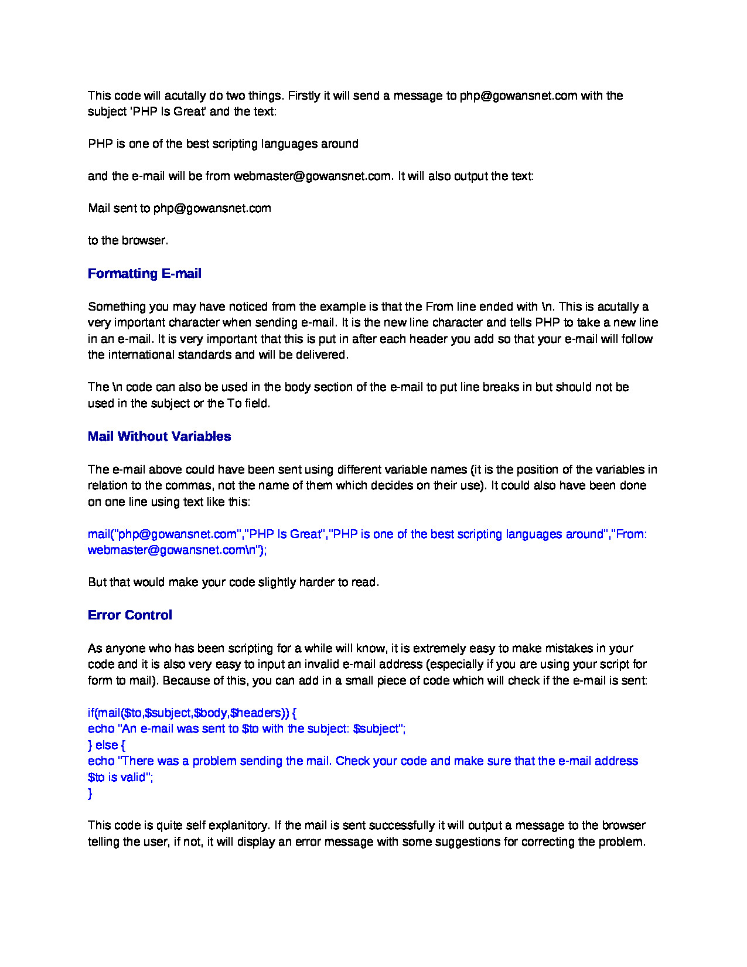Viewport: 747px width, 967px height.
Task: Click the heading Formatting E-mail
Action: tap(144, 274)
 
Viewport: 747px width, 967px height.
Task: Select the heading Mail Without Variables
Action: tap(159, 437)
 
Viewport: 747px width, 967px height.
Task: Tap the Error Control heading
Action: tap(129, 615)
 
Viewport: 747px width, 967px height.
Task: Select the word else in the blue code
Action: tap(107, 745)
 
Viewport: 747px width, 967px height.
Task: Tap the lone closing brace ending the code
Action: tap(90, 794)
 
